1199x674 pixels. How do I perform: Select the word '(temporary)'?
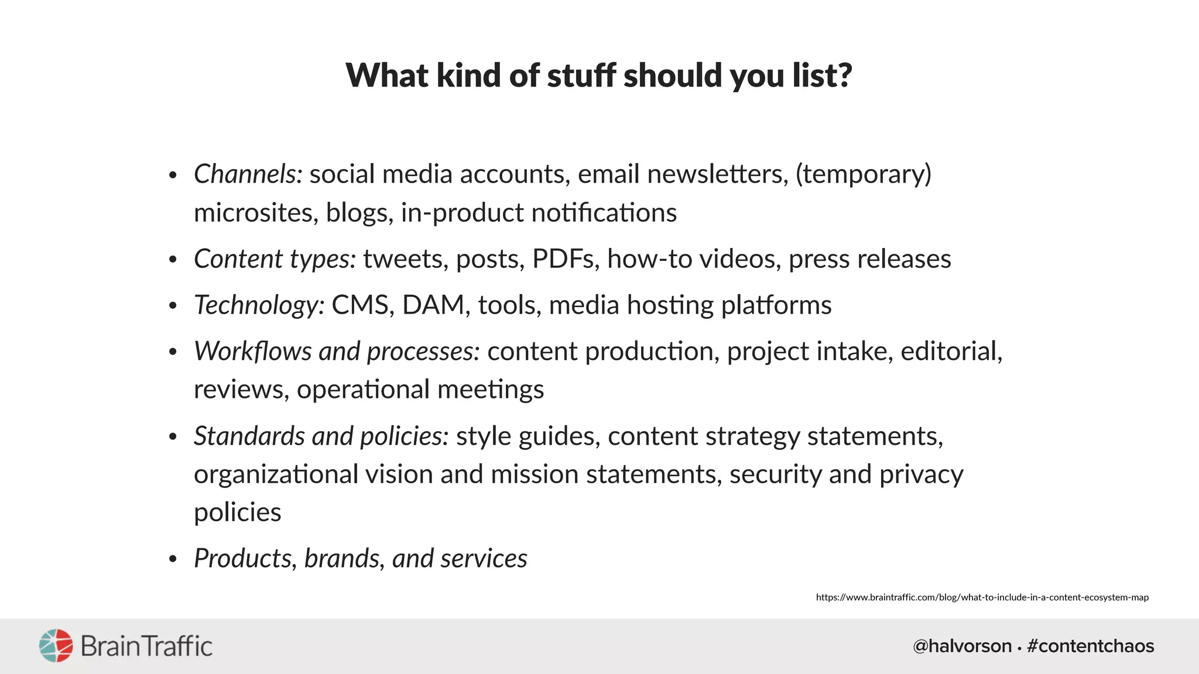tap(863, 174)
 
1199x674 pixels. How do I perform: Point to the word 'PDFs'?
tap(566, 259)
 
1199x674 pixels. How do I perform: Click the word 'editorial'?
tap(951, 352)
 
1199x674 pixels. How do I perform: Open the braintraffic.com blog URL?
tap(982, 597)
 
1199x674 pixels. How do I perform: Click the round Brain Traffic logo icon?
tap(56, 646)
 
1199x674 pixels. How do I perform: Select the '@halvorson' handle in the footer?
tap(962, 646)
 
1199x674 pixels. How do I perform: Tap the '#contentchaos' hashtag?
tap(1090, 646)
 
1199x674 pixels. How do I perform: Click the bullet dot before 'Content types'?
tap(172, 260)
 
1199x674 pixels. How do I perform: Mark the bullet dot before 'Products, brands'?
tap(172, 559)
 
